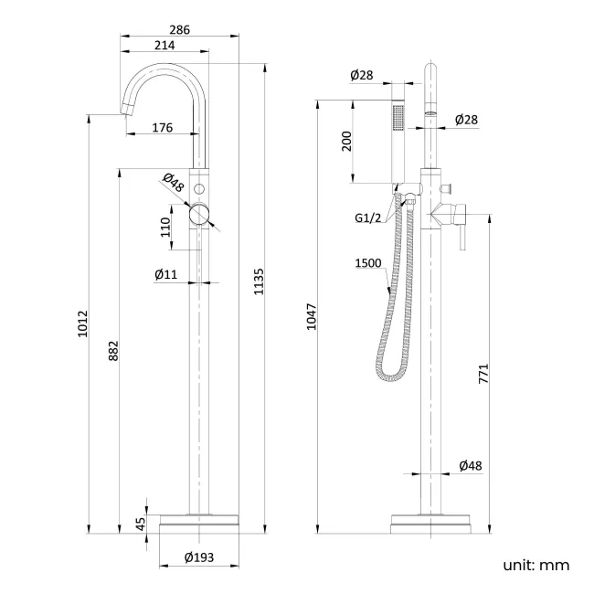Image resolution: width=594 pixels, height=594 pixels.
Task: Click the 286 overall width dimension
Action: pos(180,30)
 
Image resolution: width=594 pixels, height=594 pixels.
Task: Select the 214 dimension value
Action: pos(164,47)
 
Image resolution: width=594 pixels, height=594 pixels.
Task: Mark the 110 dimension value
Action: pos(165,227)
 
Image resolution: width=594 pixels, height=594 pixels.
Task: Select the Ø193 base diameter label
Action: pos(198,557)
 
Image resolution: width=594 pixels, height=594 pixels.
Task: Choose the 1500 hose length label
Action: pos(367,265)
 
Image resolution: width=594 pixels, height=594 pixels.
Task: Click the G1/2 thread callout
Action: pos(369,218)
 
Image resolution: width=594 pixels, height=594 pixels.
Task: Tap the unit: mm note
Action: pos(536,566)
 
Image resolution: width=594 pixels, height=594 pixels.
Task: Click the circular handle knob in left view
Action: pos(199,216)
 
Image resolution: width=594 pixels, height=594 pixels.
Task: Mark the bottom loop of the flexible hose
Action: pos(391,375)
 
